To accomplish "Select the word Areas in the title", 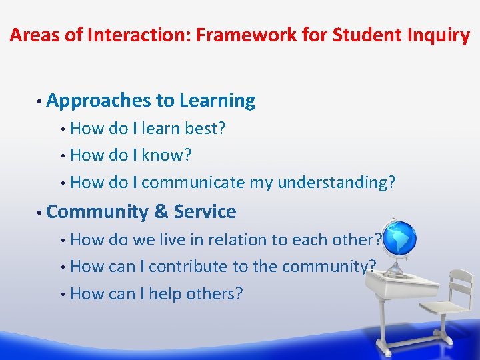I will tap(32, 35).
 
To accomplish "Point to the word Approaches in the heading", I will tap(99, 101).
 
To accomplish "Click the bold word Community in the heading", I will tap(98, 212).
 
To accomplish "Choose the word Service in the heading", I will tap(205, 212).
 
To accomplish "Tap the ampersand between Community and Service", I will tap(161, 212).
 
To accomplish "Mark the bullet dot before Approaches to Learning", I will tap(41, 101).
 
